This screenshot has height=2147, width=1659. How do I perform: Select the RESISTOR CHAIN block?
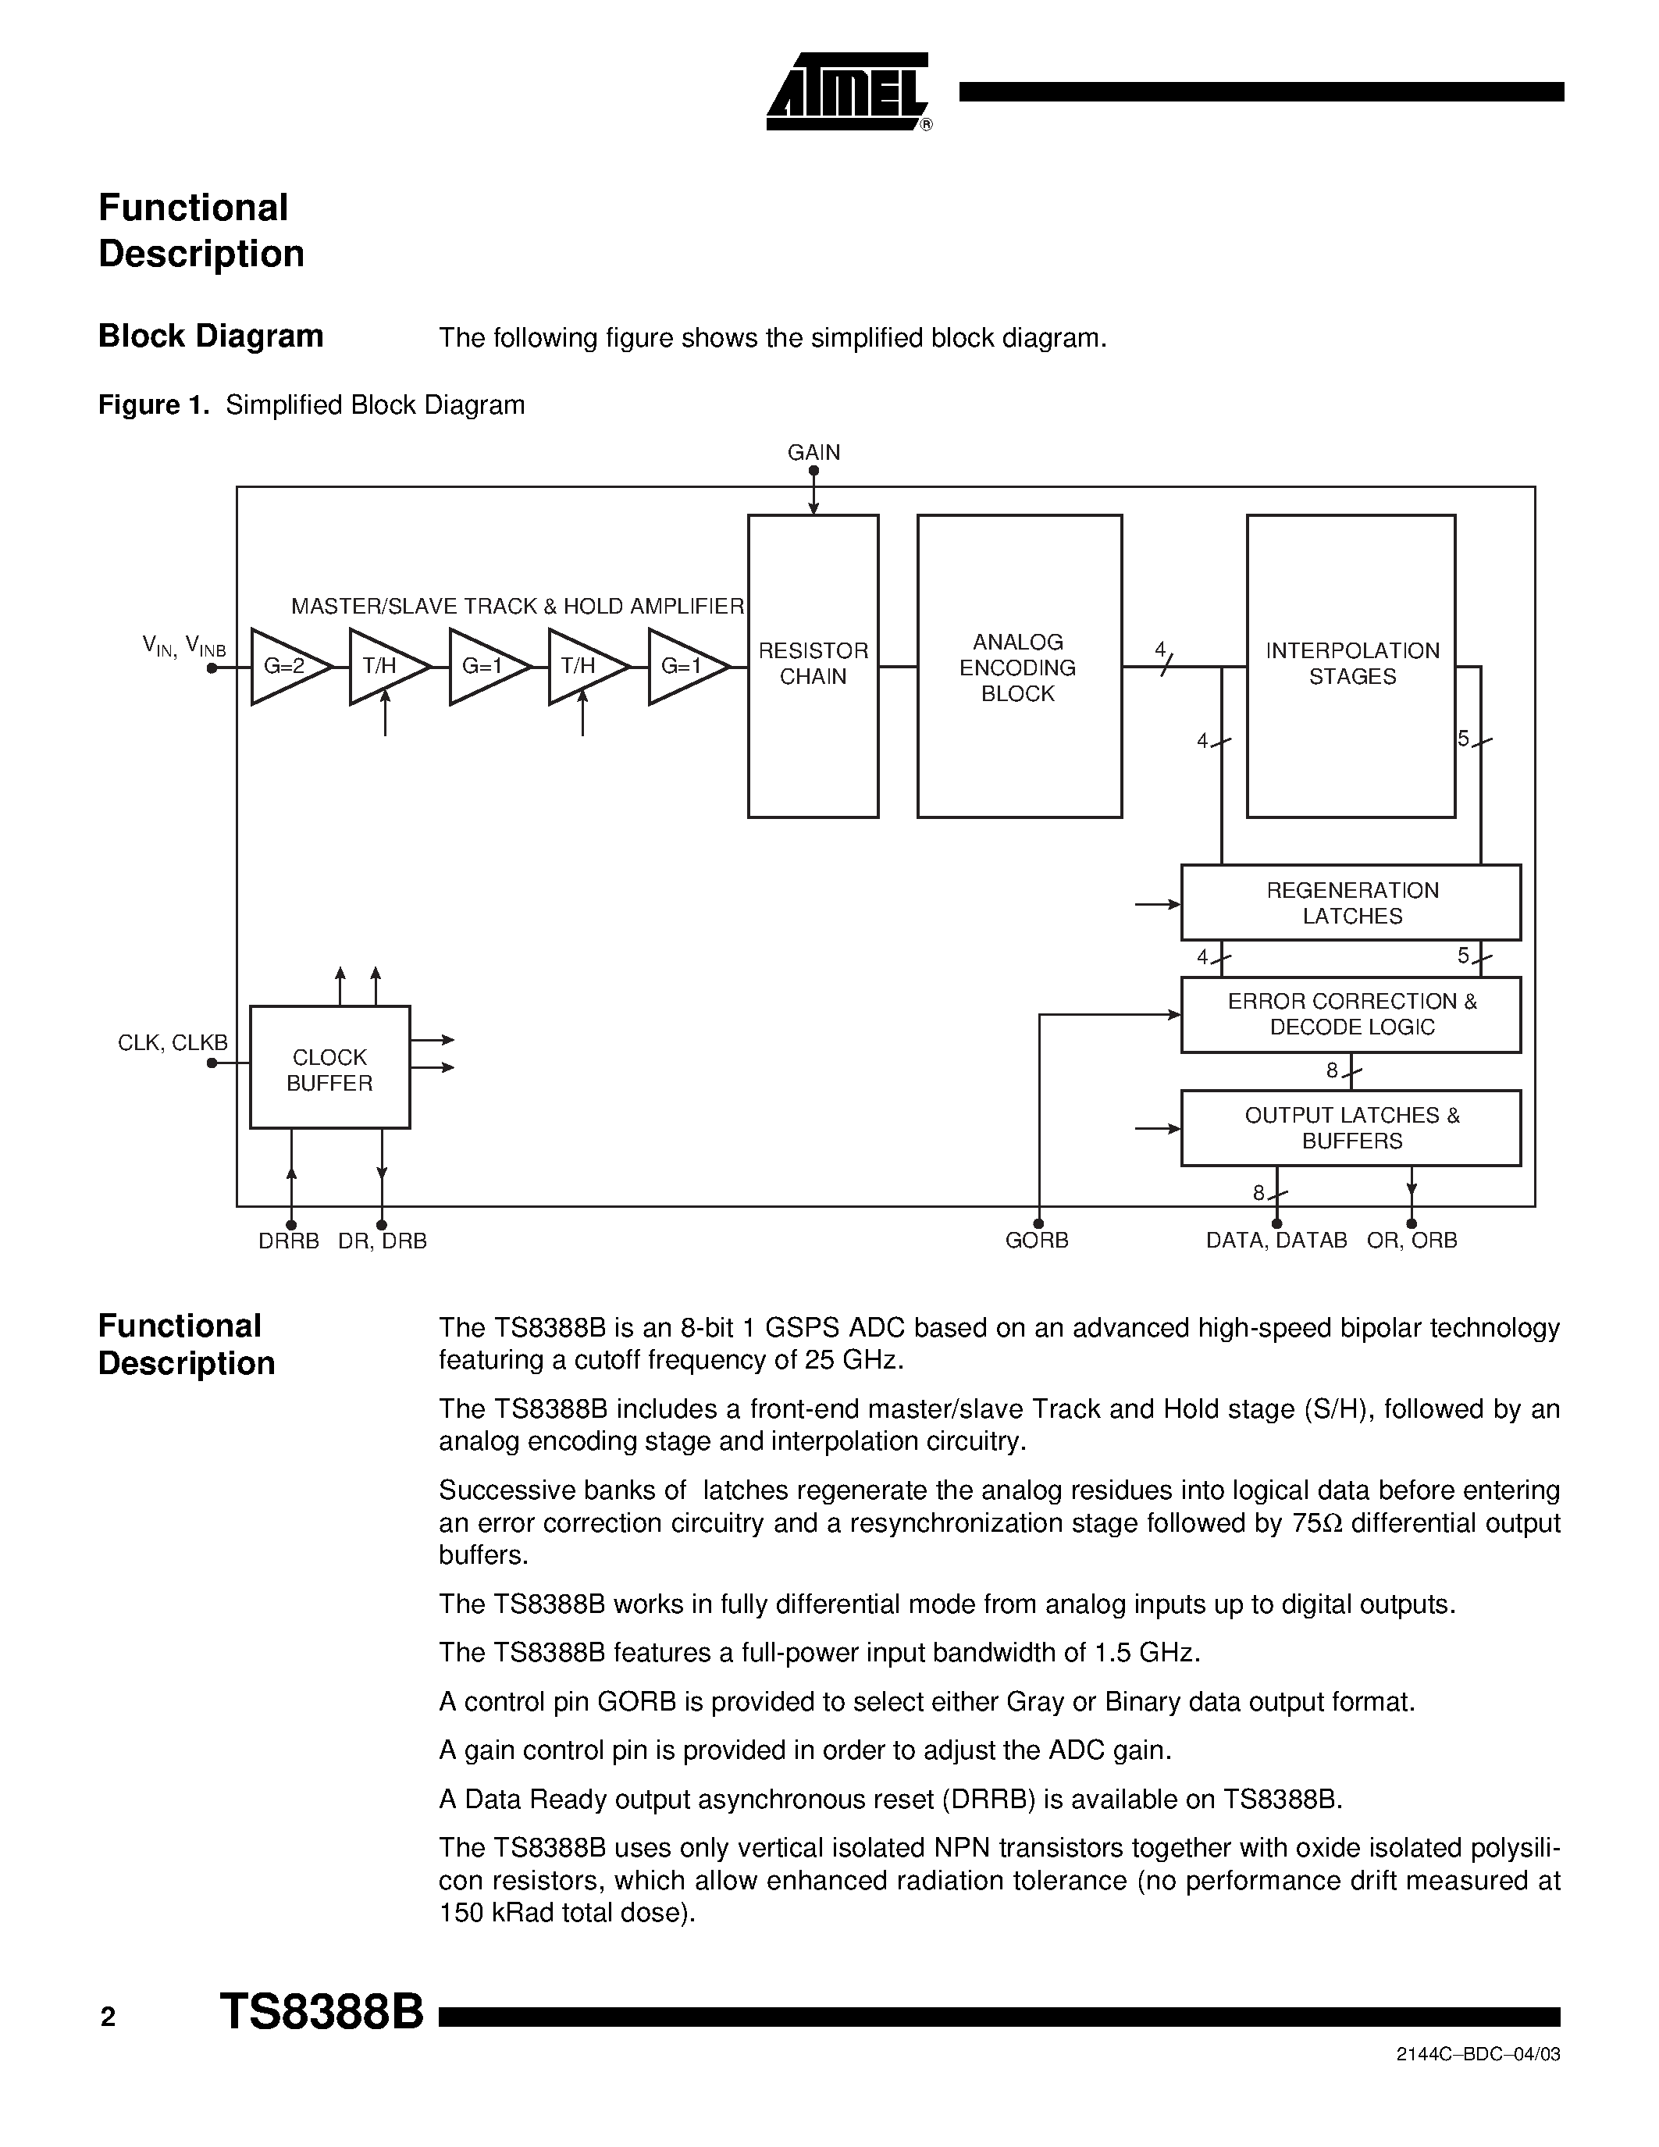click(813, 665)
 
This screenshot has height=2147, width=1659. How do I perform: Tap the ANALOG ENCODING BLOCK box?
click(1018, 667)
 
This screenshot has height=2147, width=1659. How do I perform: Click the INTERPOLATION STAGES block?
click(1351, 664)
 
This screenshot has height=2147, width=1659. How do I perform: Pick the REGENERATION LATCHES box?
click(1351, 903)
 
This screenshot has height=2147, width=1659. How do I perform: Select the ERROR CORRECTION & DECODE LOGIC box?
click(1351, 1013)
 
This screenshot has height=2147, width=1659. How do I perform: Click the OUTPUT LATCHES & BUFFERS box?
click(1351, 1127)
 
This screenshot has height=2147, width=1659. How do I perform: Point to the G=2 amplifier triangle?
click(284, 667)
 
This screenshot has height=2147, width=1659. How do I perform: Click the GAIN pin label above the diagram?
click(813, 452)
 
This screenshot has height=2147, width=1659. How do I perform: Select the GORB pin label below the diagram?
click(1036, 1241)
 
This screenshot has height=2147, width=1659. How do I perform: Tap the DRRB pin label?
click(288, 1241)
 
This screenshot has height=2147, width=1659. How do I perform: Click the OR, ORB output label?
click(1412, 1241)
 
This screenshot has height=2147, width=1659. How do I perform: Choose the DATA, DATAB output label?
click(1276, 1241)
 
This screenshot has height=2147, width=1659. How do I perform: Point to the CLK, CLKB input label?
click(172, 1043)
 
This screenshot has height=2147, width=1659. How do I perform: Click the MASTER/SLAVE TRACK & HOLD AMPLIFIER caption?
click(517, 607)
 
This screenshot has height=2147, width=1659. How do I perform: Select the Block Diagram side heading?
click(210, 336)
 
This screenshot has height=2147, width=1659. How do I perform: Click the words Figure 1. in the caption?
click(153, 405)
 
